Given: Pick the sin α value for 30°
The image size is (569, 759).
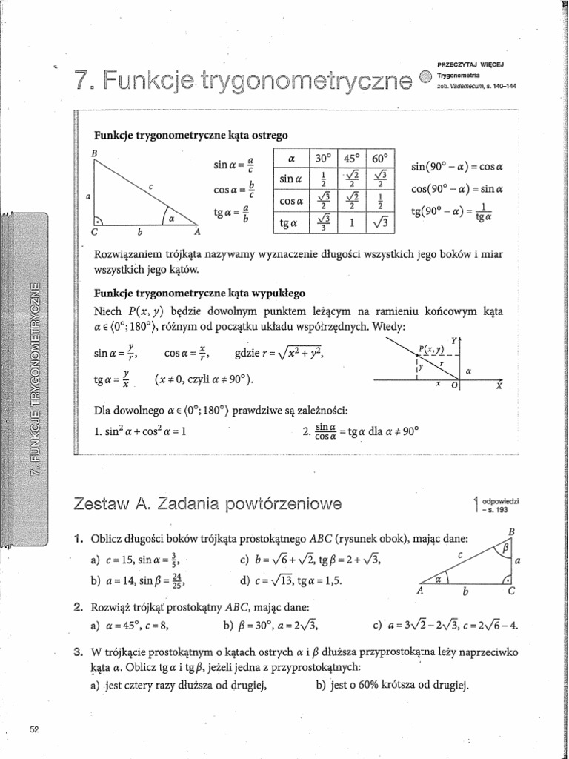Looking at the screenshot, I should click(321, 179).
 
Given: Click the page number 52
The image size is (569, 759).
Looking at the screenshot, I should click(33, 729).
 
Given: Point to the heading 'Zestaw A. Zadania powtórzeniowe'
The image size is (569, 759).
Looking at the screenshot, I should click(209, 505).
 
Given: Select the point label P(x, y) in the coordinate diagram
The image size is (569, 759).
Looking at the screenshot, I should click(430, 348).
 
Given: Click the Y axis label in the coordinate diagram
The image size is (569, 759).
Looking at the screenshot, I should click(453, 339).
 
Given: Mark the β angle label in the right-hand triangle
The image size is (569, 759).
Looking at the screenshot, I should click(506, 549).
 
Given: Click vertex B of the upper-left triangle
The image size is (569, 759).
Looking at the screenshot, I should click(94, 153).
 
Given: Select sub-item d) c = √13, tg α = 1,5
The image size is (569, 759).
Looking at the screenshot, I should click(291, 580).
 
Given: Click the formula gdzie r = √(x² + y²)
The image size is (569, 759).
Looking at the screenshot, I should click(279, 356).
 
